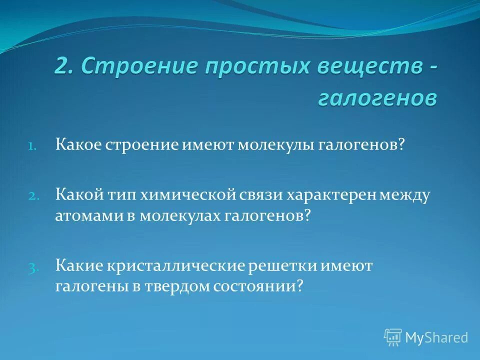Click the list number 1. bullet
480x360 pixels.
(x=31, y=146)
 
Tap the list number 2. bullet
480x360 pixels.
(x=31, y=196)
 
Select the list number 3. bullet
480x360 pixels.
(x=31, y=267)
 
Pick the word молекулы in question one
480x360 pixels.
(x=274, y=145)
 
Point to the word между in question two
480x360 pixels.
(x=405, y=195)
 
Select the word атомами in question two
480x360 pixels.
(x=83, y=215)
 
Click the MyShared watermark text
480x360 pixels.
(x=436, y=337)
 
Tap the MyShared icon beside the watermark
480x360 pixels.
(x=393, y=337)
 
